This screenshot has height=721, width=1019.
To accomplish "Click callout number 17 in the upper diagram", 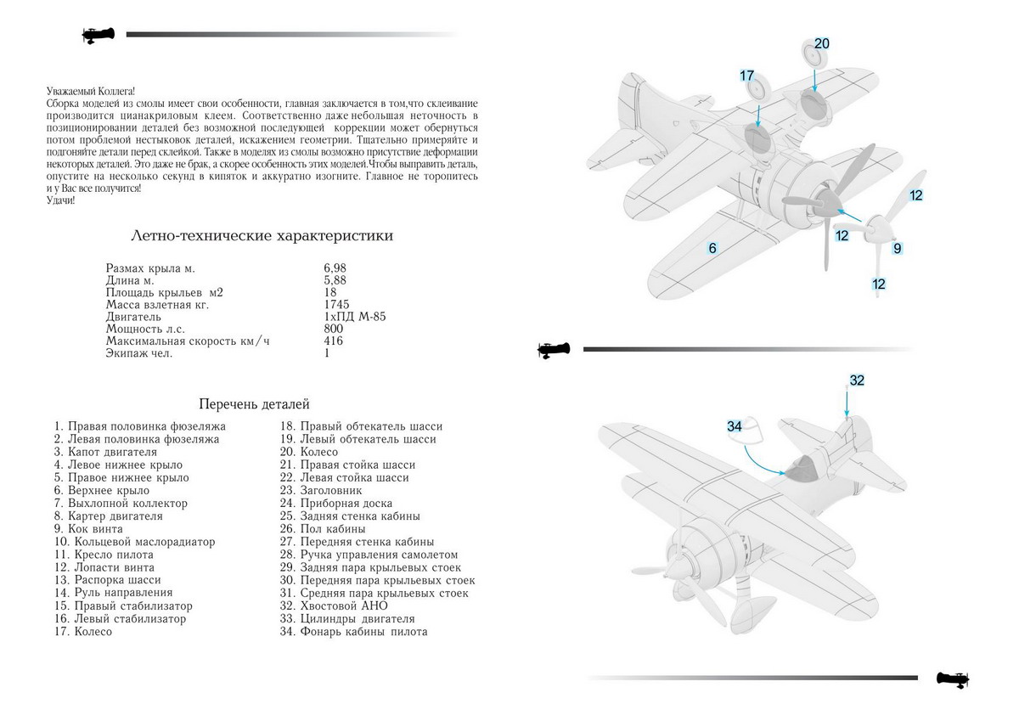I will (x=747, y=76).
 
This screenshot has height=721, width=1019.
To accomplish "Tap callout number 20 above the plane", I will (x=822, y=43).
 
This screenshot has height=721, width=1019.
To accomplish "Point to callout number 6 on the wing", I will (x=713, y=248).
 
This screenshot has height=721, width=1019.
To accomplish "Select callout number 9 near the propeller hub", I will (x=898, y=248).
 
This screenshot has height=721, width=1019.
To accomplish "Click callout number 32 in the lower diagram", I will (x=857, y=380).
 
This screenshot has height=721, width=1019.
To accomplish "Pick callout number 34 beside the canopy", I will (x=735, y=425).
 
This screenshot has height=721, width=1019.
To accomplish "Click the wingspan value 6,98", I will (x=335, y=268).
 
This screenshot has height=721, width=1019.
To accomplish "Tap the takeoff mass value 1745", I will (x=337, y=304).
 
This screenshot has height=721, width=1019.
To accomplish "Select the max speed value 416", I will (x=334, y=341).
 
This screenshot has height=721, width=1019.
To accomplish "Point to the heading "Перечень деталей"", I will (x=254, y=404).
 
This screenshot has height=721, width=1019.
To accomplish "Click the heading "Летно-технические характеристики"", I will (x=262, y=235).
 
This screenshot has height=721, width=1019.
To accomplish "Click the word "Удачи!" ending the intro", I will (x=61, y=200).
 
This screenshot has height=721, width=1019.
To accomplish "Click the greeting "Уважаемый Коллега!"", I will (x=92, y=91).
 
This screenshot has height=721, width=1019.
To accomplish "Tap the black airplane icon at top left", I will (x=99, y=35).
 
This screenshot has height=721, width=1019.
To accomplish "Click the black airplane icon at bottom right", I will (x=953, y=679).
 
